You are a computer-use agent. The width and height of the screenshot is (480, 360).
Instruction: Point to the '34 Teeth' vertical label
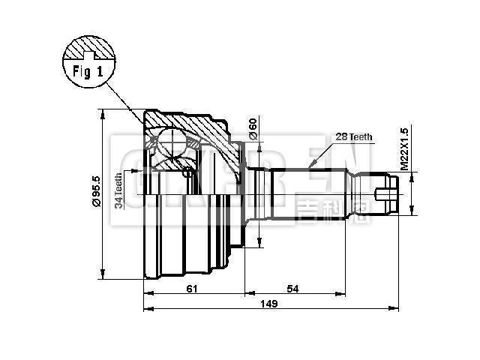(118, 190)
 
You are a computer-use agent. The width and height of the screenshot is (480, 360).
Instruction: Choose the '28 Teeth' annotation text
(353, 136)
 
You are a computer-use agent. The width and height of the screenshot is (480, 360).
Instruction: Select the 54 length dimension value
(293, 288)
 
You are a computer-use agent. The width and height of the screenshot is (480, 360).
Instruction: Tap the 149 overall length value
(268, 304)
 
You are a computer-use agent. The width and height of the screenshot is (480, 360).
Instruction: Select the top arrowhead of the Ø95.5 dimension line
(101, 113)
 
